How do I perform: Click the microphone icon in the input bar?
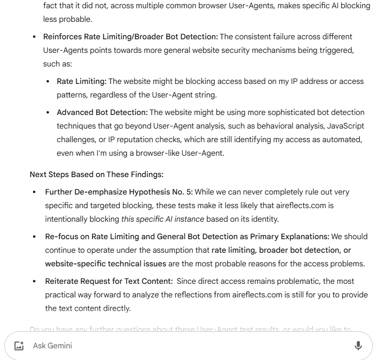point(358,345)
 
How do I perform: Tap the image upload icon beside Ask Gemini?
point(19,346)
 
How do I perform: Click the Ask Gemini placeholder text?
point(52,346)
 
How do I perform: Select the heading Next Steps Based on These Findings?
point(96,174)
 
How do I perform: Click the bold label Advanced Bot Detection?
point(102,112)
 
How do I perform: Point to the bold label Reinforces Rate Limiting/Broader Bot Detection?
point(130,36)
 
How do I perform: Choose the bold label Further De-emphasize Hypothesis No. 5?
point(119,192)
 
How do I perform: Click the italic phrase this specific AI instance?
point(162,219)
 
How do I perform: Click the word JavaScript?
point(345,126)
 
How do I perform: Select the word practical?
point(65,295)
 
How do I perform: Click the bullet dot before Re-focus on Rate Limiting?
point(34,237)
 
